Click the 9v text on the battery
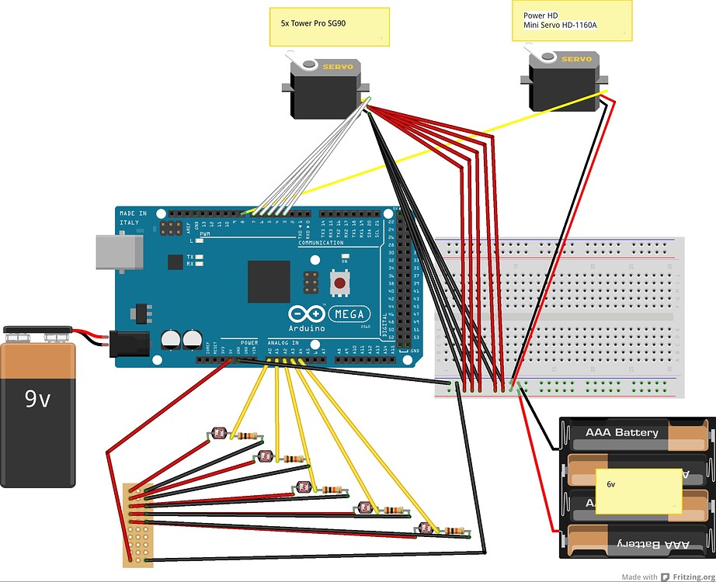pyautogui.click(x=36, y=399)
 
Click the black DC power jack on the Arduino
pyautogui.click(x=124, y=345)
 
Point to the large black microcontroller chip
pyautogui.click(x=269, y=281)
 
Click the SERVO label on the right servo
pyautogui.click(x=575, y=60)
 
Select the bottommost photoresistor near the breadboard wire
pyautogui.click(x=425, y=529)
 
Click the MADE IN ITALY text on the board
pyautogui.click(x=130, y=217)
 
